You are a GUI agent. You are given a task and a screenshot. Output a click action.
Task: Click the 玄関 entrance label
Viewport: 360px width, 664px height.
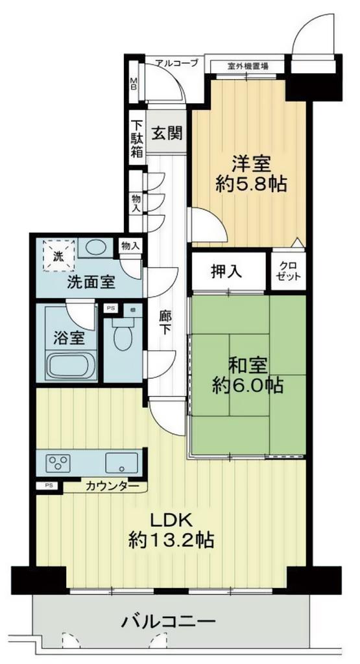tap(167, 134)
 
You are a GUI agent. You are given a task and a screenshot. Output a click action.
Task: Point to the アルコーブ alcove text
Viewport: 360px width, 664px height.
tap(176, 64)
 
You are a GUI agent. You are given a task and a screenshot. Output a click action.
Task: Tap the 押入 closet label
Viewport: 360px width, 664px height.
tap(226, 272)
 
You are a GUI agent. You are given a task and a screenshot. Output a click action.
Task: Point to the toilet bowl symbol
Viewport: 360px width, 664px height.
tap(123, 334)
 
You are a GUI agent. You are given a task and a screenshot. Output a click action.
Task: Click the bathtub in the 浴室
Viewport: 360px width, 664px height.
tap(71, 366)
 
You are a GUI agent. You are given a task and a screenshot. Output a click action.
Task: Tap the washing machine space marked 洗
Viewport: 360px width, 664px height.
tap(58, 255)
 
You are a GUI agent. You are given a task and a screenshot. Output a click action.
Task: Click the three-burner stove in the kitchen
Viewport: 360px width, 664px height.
tap(58, 461)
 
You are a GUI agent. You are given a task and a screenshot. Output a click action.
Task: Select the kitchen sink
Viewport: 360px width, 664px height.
tap(121, 462)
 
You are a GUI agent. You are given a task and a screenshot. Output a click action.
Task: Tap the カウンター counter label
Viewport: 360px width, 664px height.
tap(112, 486)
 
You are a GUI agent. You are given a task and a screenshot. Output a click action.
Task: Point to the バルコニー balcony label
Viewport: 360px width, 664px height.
tap(169, 622)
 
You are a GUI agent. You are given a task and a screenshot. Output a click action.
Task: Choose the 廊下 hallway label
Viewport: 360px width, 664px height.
tap(165, 323)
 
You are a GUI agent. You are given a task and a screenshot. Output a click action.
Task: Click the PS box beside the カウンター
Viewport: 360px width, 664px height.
tap(49, 486)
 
